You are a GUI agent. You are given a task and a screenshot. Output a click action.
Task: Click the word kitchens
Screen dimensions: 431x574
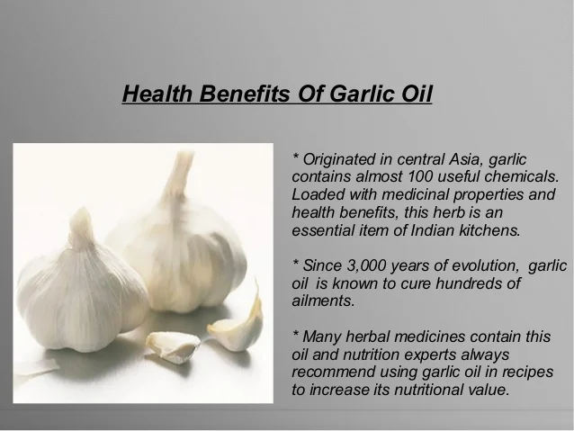[489, 230]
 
